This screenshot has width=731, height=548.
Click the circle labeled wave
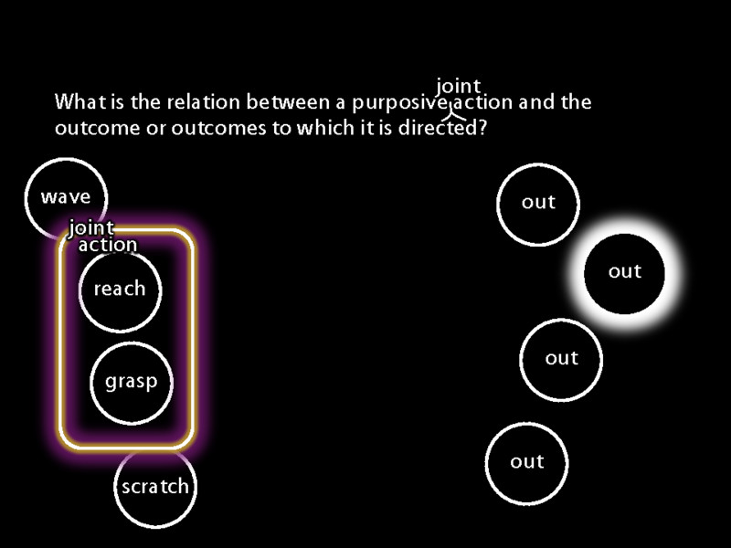pos(66,197)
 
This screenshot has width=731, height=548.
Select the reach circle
pos(120,290)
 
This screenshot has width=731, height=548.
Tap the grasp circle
pos(131,383)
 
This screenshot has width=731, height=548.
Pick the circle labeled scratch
pos(155,486)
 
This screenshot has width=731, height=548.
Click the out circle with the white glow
pos(624,273)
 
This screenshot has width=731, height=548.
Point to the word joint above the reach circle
pos(91,227)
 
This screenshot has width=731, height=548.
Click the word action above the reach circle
pos(108,245)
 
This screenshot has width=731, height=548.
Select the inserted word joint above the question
pos(459,86)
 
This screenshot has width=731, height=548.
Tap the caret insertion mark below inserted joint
pos(455,112)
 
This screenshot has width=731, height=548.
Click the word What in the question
pos(80,101)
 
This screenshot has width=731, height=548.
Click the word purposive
pos(400,103)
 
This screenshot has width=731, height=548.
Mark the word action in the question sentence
pos(483,102)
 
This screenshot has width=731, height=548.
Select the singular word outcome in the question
pos(98,128)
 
